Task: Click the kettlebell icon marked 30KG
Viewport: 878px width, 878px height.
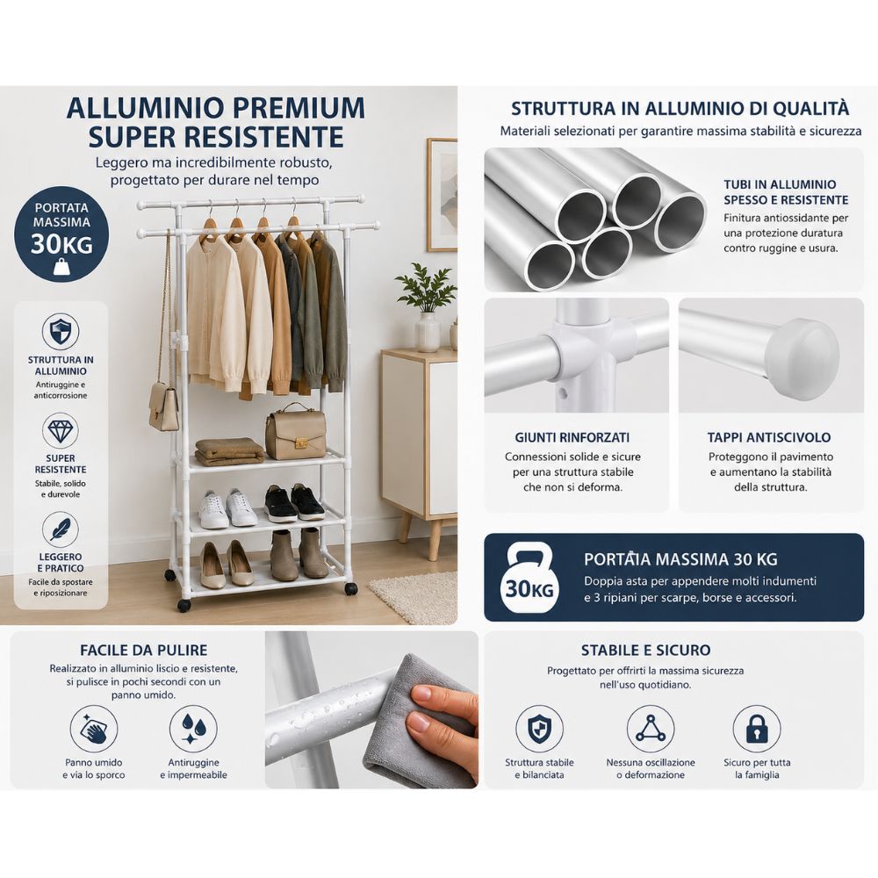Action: pyautogui.click(x=527, y=578)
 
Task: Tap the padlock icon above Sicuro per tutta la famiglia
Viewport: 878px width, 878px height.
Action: pyautogui.click(x=757, y=729)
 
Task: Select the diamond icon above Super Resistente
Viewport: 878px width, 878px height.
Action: pyautogui.click(x=60, y=430)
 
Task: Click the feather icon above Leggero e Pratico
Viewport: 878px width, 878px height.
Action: pyautogui.click(x=60, y=529)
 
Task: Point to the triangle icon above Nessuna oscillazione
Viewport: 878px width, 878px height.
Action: pyautogui.click(x=650, y=729)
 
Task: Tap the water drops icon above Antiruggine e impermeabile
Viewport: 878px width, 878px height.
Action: pyautogui.click(x=193, y=729)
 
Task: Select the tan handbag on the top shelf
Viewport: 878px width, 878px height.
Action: pyautogui.click(x=295, y=432)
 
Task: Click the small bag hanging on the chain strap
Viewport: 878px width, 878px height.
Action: pyautogui.click(x=164, y=407)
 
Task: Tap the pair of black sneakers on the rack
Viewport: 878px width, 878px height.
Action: pyautogui.click(x=293, y=502)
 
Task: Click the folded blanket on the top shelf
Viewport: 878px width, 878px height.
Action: pyautogui.click(x=229, y=451)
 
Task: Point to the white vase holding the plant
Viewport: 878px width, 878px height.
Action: pyautogui.click(x=428, y=332)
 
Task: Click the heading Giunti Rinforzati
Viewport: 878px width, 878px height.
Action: pyautogui.click(x=572, y=437)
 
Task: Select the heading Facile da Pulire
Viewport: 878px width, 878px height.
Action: pyautogui.click(x=144, y=650)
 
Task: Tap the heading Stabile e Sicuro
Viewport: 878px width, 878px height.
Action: pyautogui.click(x=645, y=650)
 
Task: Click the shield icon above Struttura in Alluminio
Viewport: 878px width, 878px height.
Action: pyautogui.click(x=60, y=332)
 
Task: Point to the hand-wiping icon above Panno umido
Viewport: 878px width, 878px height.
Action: pyautogui.click(x=94, y=729)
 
